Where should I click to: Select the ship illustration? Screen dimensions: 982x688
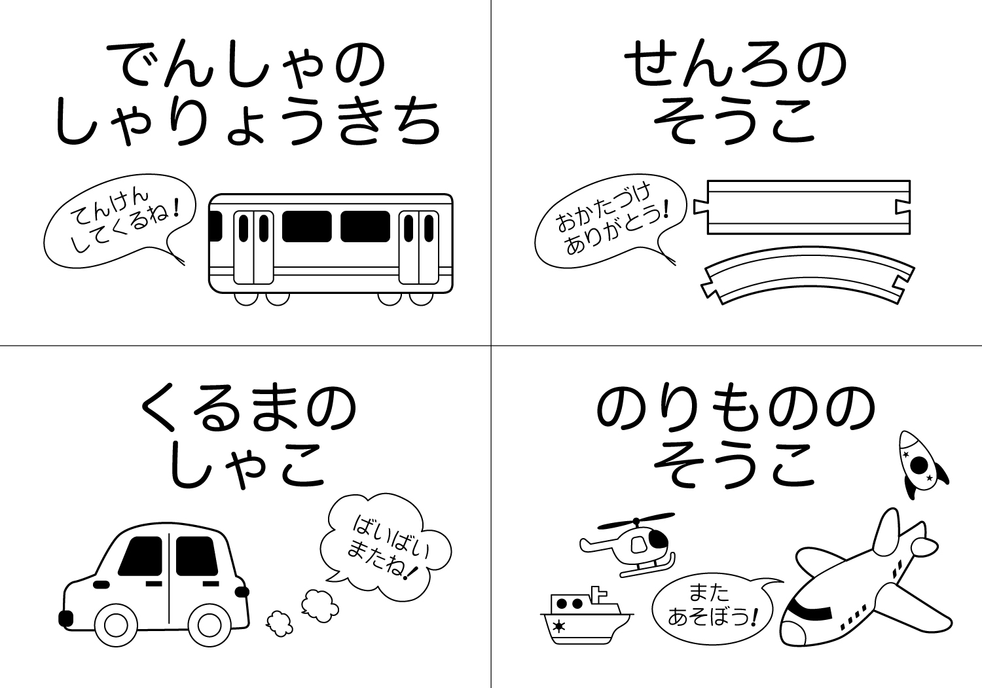coord(587,617)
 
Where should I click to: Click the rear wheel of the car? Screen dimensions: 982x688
coord(209,625)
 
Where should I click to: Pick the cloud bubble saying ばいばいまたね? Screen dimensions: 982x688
coord(386,547)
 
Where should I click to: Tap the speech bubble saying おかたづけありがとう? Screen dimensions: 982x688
coord(610,221)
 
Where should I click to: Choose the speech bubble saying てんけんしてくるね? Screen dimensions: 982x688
coord(119,221)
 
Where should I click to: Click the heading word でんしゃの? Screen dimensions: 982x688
coord(246,65)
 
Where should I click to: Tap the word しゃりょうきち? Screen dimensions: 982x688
coord(248,123)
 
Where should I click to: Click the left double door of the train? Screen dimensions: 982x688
coord(253,247)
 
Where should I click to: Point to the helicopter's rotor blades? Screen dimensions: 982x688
coord(636,520)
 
